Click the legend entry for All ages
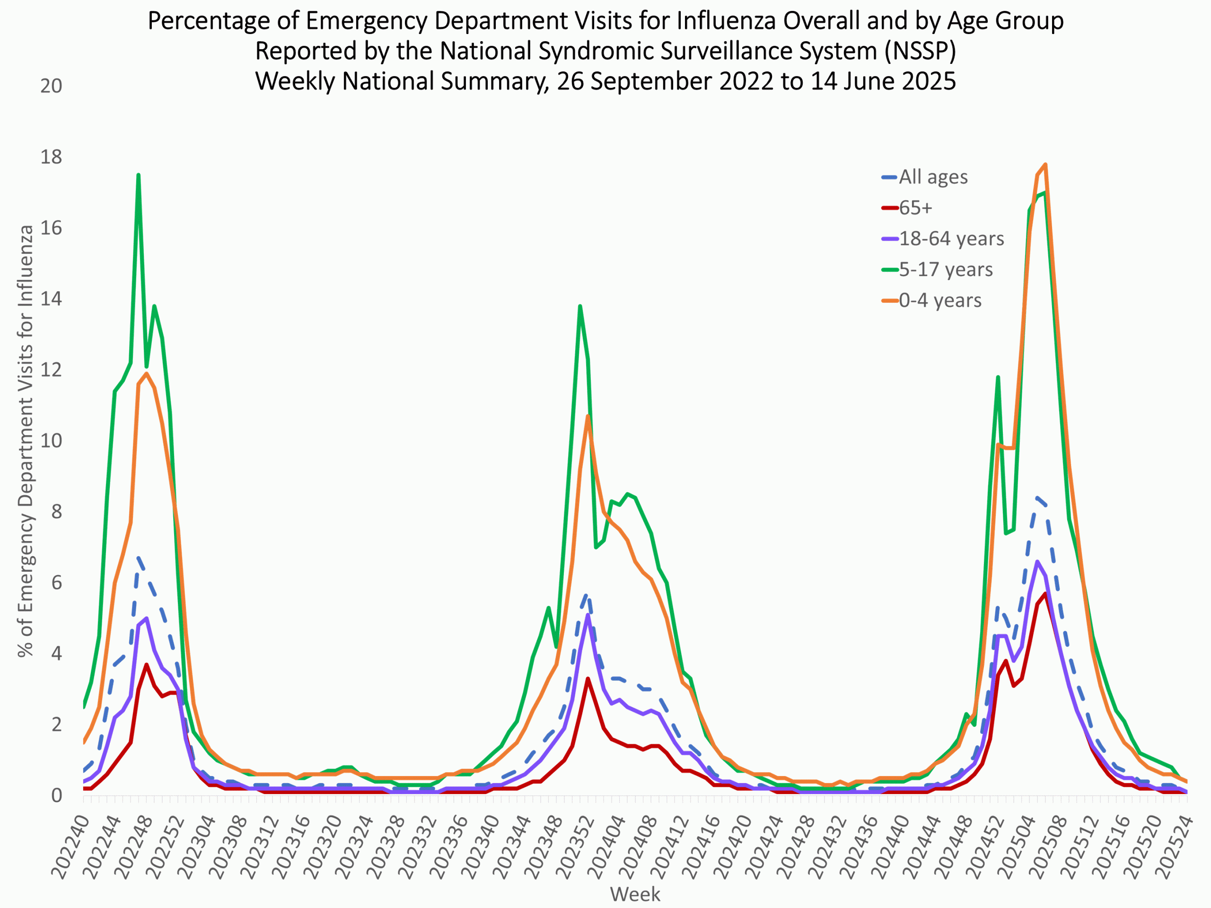[x=933, y=177]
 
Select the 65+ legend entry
[x=915, y=208]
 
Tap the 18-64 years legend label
[x=951, y=239]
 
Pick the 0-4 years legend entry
[x=940, y=300]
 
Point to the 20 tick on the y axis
[x=51, y=86]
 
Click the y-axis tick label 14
[x=51, y=299]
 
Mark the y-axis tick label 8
[x=56, y=512]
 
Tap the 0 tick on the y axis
[x=56, y=795]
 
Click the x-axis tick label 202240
[x=70, y=846]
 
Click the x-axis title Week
[x=635, y=894]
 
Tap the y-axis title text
[x=25, y=441]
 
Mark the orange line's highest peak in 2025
[x=1045, y=164]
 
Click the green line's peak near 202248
[x=139, y=175]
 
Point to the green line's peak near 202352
[x=580, y=306]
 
